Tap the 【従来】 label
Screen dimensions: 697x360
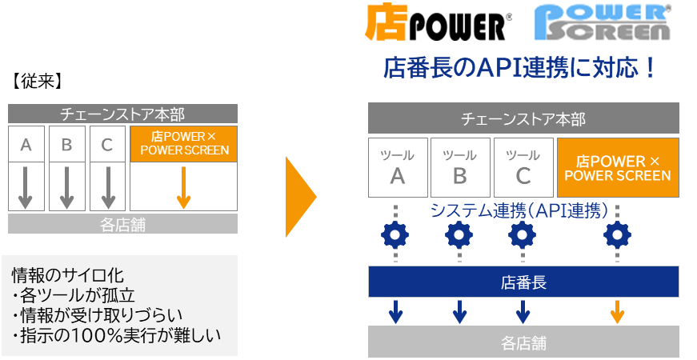[x=37, y=82]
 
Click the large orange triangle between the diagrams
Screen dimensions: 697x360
[x=301, y=197]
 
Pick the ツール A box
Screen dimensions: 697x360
[x=397, y=167]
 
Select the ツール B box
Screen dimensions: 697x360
[x=459, y=167]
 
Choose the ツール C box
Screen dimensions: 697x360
[x=523, y=167]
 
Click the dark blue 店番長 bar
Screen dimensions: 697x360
[x=523, y=282]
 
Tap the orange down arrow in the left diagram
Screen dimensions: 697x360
[x=183, y=188]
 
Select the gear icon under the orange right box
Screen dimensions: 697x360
[x=617, y=234]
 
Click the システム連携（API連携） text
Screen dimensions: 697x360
[x=519, y=210]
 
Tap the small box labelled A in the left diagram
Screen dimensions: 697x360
[x=26, y=146]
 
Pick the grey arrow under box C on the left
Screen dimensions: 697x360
[x=107, y=188]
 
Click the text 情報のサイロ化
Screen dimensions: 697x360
[x=67, y=275]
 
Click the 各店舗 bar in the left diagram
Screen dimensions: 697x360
[x=122, y=224]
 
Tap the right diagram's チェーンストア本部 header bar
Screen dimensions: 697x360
[x=523, y=119]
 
